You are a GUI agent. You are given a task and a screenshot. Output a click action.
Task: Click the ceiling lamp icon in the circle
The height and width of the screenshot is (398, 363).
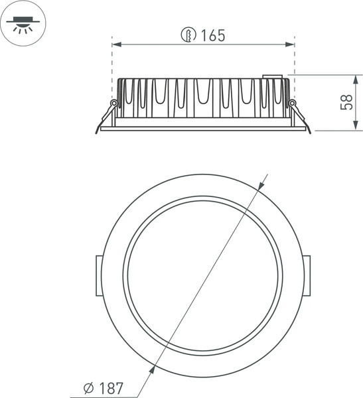pos(23,23)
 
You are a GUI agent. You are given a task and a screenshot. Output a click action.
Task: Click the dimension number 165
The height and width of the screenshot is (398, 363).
pos(212,36)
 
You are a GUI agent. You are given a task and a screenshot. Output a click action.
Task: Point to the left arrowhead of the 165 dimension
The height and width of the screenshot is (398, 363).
pos(115,44)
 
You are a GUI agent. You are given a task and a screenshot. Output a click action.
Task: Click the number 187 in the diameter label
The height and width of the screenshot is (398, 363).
pos(111,387)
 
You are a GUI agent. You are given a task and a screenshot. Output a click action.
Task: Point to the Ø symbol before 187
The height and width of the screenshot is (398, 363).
pos(88,387)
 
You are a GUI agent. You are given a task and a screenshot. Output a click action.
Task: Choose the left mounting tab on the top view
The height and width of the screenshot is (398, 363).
pos(98,274)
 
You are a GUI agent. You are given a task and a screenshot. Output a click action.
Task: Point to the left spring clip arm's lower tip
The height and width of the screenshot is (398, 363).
pos(97,131)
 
